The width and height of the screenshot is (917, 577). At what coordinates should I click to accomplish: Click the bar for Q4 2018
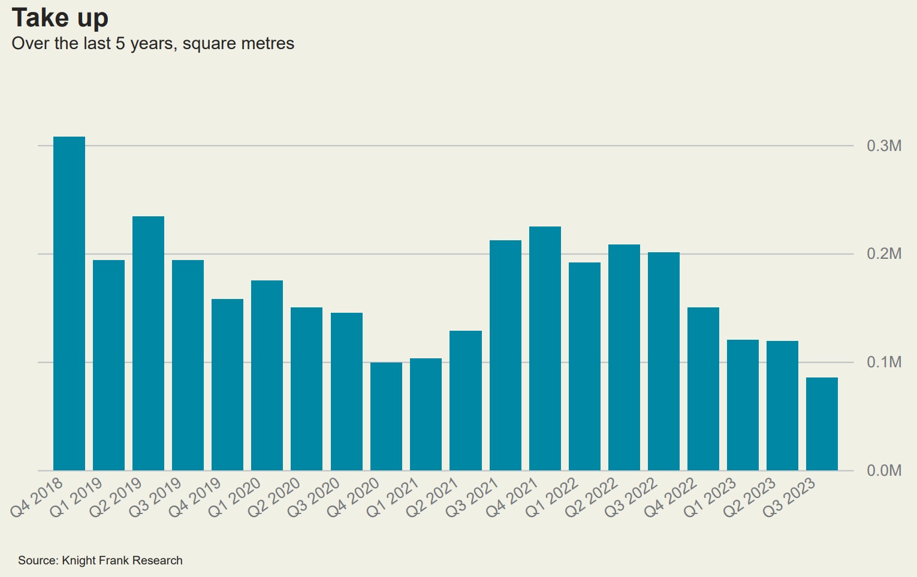69,303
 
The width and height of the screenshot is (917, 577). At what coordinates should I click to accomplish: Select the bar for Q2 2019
148,343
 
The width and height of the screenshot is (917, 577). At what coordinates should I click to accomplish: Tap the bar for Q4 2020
386,416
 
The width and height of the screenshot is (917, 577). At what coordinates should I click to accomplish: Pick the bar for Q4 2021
545,348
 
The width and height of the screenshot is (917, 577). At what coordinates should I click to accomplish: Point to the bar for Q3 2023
822,424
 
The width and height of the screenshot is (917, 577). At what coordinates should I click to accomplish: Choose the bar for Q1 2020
267,375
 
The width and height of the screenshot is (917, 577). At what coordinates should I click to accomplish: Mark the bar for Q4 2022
703,389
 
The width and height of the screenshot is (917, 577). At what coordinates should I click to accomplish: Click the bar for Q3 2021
505,355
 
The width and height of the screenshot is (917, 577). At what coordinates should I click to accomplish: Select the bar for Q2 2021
466,400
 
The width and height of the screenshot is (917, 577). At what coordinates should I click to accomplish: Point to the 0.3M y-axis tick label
883,146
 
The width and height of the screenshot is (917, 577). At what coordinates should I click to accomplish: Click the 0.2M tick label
883,254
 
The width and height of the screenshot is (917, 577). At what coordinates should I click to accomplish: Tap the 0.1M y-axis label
883,362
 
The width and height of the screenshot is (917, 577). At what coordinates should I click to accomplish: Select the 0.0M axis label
883,470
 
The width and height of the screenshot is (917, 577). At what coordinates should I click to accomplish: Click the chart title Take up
60,18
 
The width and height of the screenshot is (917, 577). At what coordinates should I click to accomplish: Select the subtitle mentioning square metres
153,44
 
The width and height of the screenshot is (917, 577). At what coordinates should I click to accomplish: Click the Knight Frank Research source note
100,560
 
